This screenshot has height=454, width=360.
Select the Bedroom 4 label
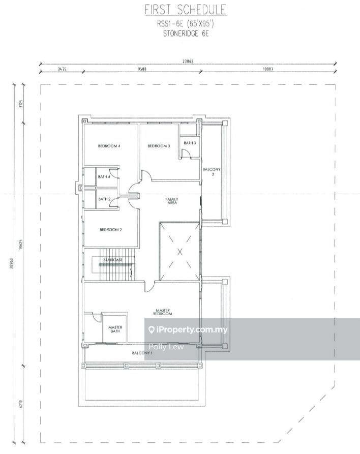[109, 146]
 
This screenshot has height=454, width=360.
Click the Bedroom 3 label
[159, 146]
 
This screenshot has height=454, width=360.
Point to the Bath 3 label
[190, 143]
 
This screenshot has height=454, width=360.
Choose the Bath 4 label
[104, 176]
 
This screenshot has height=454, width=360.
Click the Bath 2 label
[104, 199]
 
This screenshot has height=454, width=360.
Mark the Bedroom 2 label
[110, 230]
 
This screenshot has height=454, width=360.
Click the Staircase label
[113, 260]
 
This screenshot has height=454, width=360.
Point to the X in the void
[179, 251]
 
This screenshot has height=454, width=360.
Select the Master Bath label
[115, 329]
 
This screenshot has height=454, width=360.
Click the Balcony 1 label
[142, 353]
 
